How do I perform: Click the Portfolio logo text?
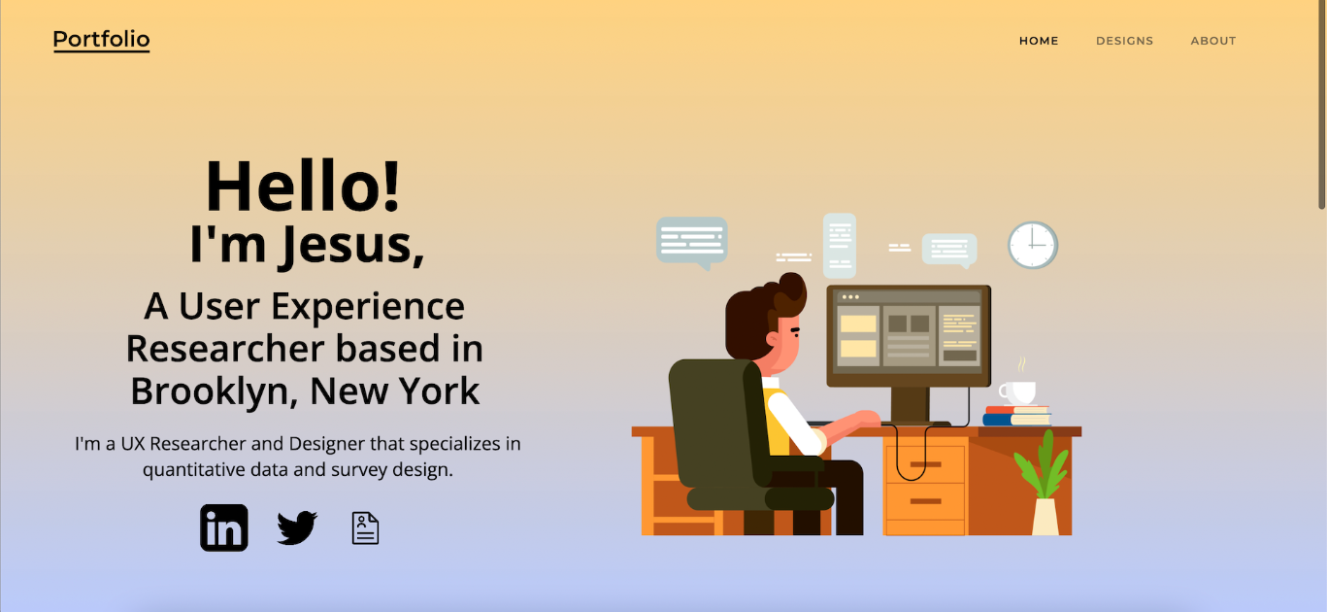tap(101, 40)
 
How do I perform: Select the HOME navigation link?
tap(1039, 41)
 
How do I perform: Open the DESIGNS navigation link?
tap(1124, 41)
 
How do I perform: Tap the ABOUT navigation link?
tap(1213, 41)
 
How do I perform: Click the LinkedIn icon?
tap(224, 527)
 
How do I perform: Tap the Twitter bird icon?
tap(297, 527)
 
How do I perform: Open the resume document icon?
tap(365, 527)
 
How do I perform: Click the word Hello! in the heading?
tap(303, 187)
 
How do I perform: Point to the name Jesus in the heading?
tap(352, 246)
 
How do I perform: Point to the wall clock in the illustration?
tap(1033, 245)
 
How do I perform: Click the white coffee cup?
tap(1017, 392)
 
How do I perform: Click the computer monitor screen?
tap(909, 335)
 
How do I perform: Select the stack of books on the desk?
tap(1016, 416)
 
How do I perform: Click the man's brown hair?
tap(761, 315)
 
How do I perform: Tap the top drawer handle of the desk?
tap(925, 464)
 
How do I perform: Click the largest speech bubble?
tap(692, 241)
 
